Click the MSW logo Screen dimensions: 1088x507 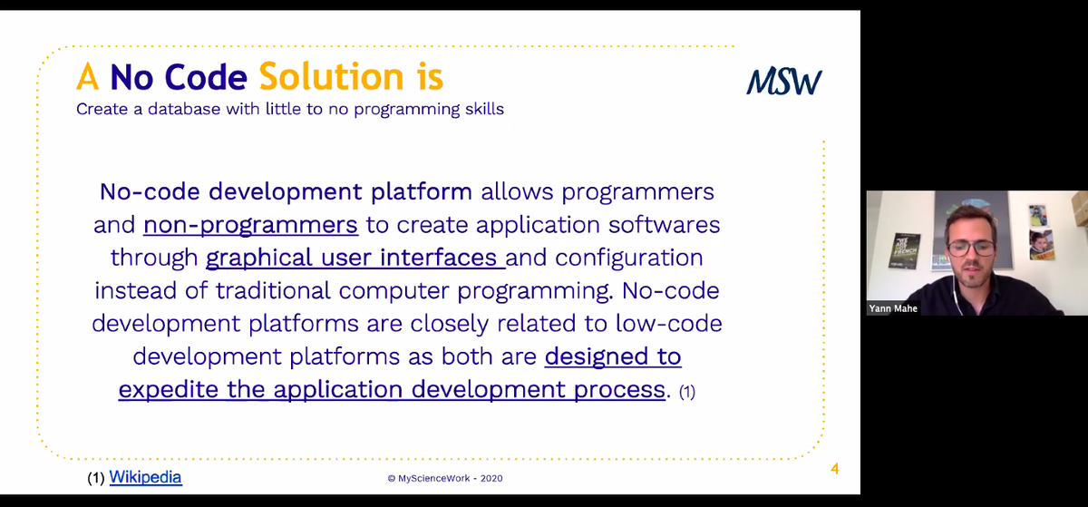(x=784, y=81)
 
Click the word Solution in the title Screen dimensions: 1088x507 (x=331, y=76)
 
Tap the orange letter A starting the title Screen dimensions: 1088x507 (x=88, y=76)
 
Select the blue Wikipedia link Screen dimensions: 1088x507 (x=145, y=477)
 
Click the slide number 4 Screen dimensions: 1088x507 (x=834, y=469)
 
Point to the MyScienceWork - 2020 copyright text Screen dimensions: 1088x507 (x=445, y=478)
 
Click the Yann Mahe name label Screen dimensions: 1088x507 (x=893, y=308)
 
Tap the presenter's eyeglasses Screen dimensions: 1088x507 (x=971, y=249)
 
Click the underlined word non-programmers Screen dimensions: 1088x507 (x=250, y=225)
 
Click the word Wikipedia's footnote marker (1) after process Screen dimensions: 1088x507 (x=687, y=391)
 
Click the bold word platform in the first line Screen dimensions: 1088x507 (x=421, y=191)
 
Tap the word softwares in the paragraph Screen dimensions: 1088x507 (x=664, y=225)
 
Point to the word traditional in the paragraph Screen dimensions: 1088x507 (x=273, y=291)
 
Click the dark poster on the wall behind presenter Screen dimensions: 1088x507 (x=904, y=251)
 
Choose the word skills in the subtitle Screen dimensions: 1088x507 (x=484, y=109)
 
